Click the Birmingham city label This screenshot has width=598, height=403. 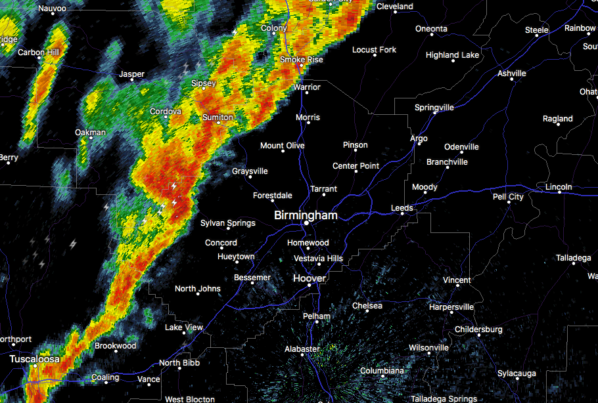click(306, 215)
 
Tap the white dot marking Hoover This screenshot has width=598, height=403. click(309, 285)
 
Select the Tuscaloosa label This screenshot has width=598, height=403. click(34, 360)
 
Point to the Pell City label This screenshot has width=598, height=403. click(508, 197)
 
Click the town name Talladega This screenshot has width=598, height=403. click(573, 258)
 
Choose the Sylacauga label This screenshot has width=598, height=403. click(516, 373)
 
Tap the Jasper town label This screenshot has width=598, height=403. click(131, 74)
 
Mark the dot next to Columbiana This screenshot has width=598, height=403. click(382, 377)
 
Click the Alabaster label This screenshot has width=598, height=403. click(302, 349)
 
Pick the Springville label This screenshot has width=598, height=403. click(434, 108)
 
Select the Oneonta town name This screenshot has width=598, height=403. click(431, 29)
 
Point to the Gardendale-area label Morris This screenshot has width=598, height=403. click(308, 117)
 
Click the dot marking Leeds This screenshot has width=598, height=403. click(402, 213)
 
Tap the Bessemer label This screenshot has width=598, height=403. click(252, 278)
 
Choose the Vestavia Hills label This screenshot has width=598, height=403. click(318, 259)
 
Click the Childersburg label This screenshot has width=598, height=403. click(478, 329)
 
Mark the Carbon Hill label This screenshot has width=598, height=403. click(39, 53)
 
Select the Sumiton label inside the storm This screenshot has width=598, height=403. click(218, 117)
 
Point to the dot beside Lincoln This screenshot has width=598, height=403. click(559, 193)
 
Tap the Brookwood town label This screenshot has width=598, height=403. click(115, 346)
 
